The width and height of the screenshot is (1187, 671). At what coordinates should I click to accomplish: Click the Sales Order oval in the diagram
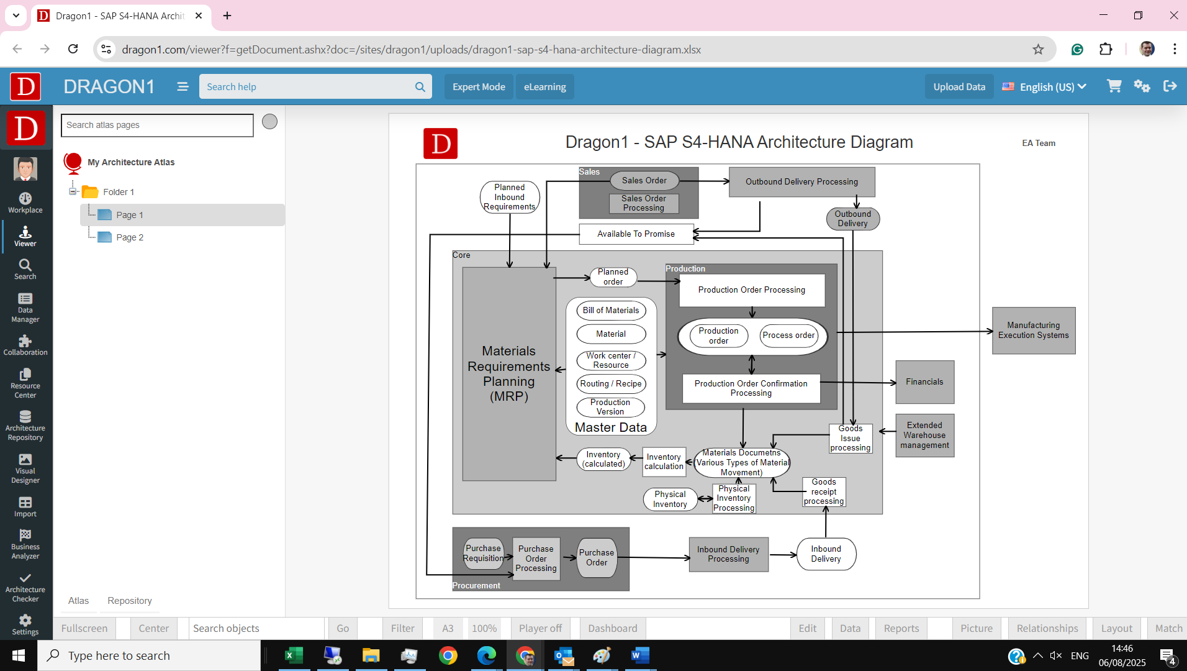tap(644, 181)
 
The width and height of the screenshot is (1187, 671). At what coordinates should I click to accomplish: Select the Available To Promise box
tap(636, 234)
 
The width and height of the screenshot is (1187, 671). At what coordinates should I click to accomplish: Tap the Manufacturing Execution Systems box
tap(1033, 331)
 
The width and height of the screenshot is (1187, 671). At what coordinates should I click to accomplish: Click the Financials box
tap(924, 382)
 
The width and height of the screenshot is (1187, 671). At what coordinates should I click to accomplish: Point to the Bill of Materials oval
tap(611, 311)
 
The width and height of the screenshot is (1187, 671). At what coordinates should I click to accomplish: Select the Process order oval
tap(788, 335)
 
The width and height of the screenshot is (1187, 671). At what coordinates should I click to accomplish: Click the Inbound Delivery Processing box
tap(728, 554)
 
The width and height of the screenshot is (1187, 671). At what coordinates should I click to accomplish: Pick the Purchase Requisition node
tap(483, 554)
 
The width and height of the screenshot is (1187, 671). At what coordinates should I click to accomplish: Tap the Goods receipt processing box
tap(824, 492)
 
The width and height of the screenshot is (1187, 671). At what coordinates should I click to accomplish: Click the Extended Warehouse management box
tap(924, 436)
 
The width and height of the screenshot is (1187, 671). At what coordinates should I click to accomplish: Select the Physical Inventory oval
tap(670, 500)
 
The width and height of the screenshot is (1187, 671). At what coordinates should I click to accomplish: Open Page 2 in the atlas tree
tap(130, 237)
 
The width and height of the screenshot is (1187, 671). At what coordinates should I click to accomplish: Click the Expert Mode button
tap(479, 87)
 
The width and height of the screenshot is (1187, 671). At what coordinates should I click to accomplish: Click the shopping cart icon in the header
tap(1114, 86)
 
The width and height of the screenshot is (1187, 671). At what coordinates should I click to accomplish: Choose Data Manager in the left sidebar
tap(25, 308)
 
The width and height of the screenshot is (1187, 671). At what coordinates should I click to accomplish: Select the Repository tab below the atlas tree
tap(129, 601)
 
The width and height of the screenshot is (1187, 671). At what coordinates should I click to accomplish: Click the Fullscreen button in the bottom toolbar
tap(84, 629)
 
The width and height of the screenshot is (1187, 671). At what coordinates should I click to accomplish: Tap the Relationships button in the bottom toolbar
tap(1047, 629)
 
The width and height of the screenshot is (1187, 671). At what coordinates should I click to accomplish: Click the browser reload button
tap(73, 49)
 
